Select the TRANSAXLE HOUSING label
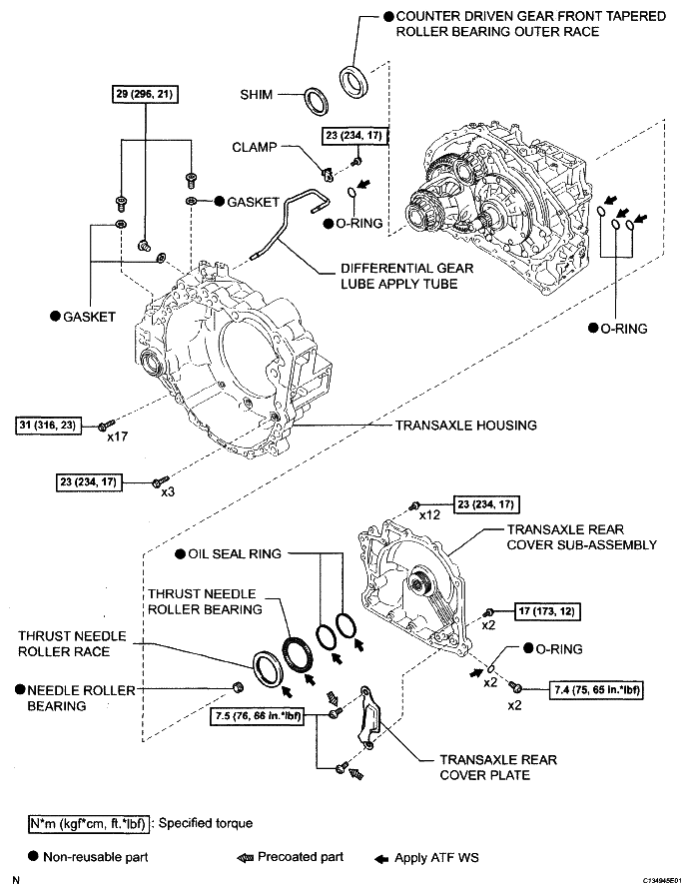pyautogui.click(x=465, y=426)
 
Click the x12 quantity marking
pyautogui.click(x=430, y=515)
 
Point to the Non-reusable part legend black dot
pyautogui.click(x=34, y=857)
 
